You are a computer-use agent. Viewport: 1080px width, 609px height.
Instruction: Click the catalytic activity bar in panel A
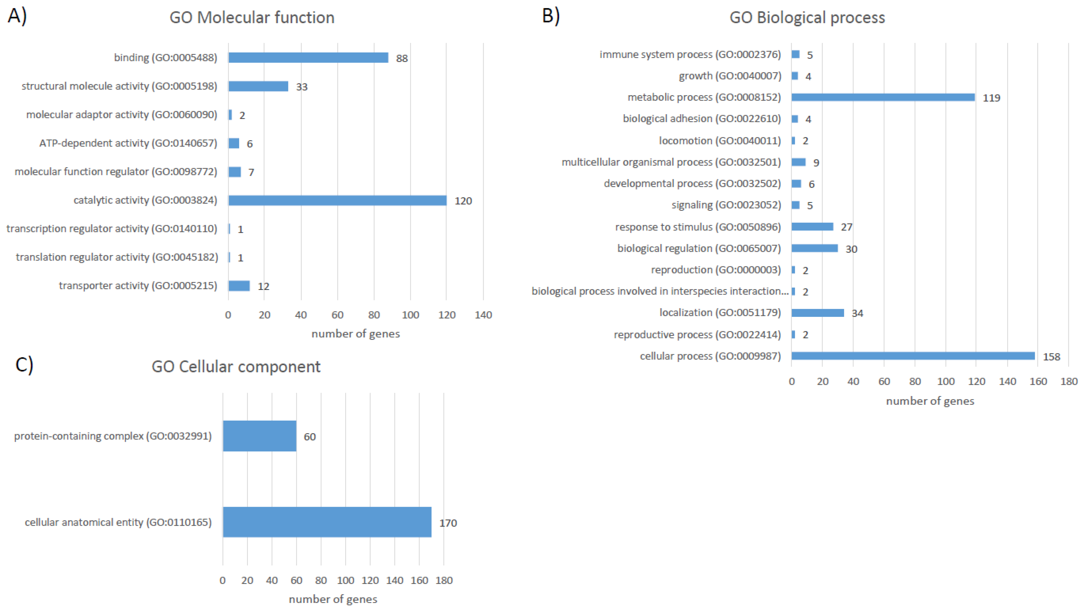pos(338,200)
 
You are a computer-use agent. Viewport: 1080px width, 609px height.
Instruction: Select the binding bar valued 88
pos(308,57)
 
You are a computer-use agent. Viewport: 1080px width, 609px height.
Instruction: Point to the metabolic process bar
pos(883,97)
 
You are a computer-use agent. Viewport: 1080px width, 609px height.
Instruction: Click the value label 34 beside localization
pos(857,313)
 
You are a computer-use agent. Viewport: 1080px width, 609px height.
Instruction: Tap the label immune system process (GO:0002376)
pos(690,54)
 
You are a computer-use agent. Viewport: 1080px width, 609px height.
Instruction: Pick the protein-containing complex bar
pos(260,436)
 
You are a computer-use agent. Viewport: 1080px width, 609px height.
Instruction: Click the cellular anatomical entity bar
pos(327,522)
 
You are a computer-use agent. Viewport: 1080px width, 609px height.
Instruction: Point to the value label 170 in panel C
pos(448,523)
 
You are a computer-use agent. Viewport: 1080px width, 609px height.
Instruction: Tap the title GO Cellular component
pos(236,367)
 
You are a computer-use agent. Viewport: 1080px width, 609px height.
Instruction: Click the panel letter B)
pos(551,16)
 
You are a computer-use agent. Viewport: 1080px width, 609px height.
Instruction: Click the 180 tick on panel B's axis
pos(1069,381)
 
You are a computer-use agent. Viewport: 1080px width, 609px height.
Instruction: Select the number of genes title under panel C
pos(333,599)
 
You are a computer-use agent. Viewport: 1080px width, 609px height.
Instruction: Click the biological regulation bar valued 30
pos(814,248)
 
